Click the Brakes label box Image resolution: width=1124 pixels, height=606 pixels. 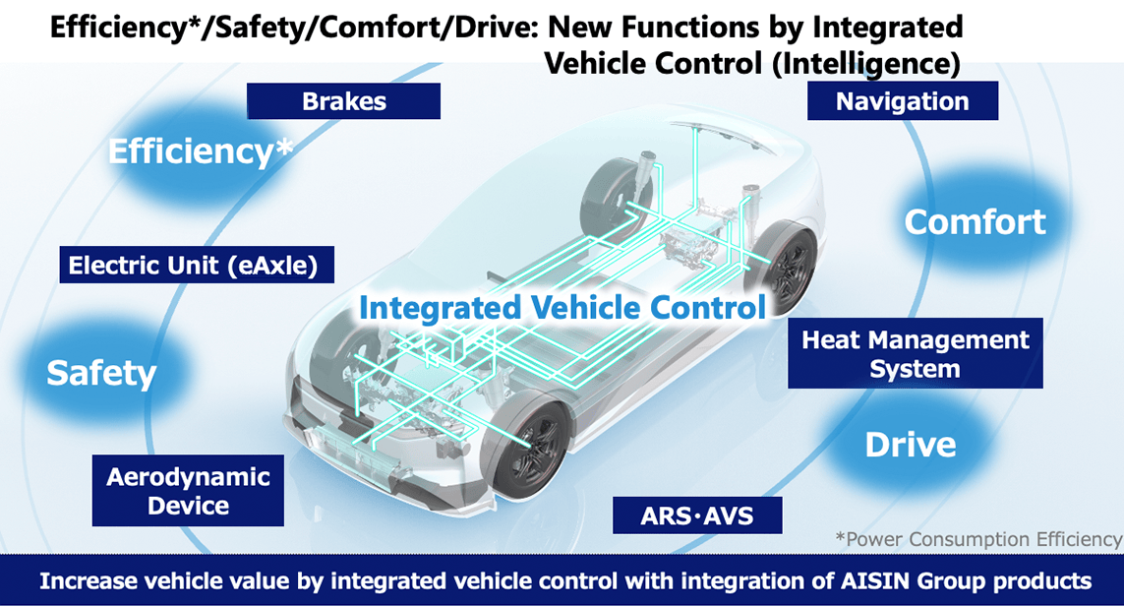[343, 101]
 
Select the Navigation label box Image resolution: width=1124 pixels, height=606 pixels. [903, 100]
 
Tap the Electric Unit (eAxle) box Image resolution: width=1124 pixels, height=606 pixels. [197, 265]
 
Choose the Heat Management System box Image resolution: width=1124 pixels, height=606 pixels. [916, 353]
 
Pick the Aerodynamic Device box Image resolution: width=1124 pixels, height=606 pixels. [188, 491]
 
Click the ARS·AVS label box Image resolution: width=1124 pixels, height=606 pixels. [697, 515]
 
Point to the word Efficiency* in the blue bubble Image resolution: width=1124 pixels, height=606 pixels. [201, 151]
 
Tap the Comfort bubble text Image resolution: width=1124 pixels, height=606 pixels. [975, 221]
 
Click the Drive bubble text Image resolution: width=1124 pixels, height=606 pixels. [911, 445]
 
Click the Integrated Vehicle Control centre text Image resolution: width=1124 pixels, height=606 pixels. [562, 308]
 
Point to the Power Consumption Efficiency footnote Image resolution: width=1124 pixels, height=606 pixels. [978, 539]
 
